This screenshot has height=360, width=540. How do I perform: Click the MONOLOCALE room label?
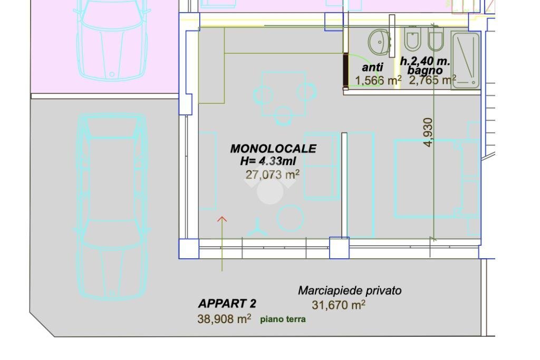point(273,149)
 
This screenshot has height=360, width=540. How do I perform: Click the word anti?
point(372,67)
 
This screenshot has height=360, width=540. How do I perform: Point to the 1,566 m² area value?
point(378,80)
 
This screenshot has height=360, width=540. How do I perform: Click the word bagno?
point(425,70)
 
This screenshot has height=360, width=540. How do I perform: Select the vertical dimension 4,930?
point(428,132)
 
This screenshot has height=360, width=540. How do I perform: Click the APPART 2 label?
point(227,304)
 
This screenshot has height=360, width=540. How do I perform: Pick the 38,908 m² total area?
point(224,318)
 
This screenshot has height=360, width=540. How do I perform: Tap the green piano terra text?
point(283,319)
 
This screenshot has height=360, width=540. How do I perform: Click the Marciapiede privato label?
point(350,290)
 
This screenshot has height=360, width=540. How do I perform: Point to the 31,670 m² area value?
point(339,305)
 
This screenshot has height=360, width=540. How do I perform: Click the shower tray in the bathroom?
point(466,60)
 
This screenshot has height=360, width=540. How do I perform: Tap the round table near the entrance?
point(290,218)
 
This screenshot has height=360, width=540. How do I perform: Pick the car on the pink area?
point(111,40)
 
